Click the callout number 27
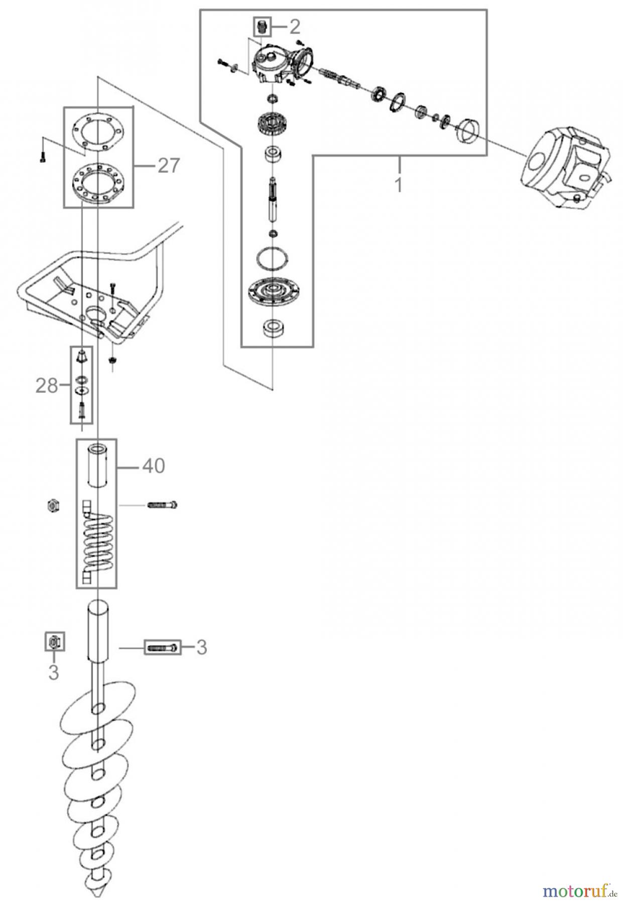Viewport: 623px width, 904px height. pos(169,165)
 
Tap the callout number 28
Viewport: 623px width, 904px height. pos(46,386)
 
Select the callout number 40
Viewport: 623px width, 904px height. pos(153,466)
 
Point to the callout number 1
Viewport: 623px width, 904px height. pos(398,185)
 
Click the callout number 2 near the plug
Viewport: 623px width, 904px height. pos(295,26)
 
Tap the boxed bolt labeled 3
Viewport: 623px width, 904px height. pos(162,647)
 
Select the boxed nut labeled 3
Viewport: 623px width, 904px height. pos(54,641)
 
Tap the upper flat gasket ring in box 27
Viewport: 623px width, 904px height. pos(98,132)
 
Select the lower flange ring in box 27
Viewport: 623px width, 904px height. pos(98,183)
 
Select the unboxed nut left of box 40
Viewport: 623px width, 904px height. pos(52,505)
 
